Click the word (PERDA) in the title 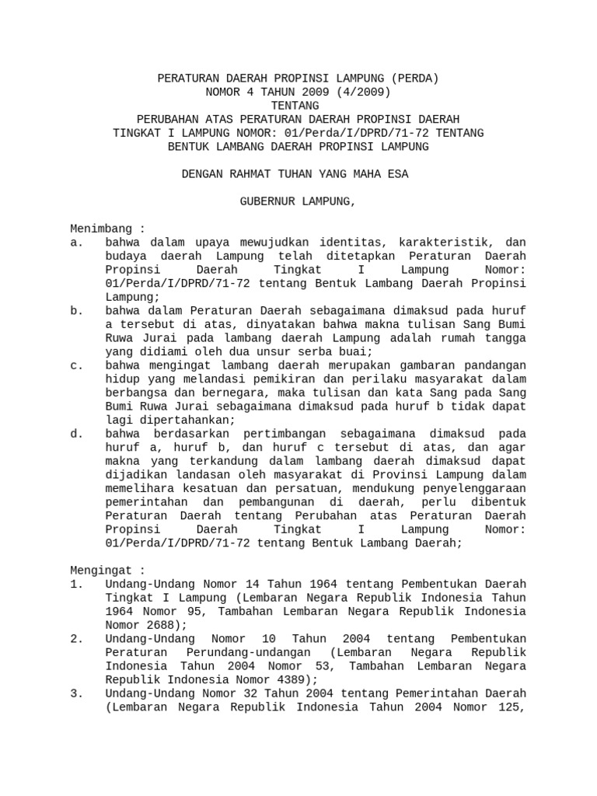pos(415,79)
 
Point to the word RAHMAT pos(251,174)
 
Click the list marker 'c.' pos(76,365)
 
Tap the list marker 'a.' pos(76,243)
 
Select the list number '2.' pos(76,638)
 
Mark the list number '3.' pos(76,693)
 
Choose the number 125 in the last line pos(512,707)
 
